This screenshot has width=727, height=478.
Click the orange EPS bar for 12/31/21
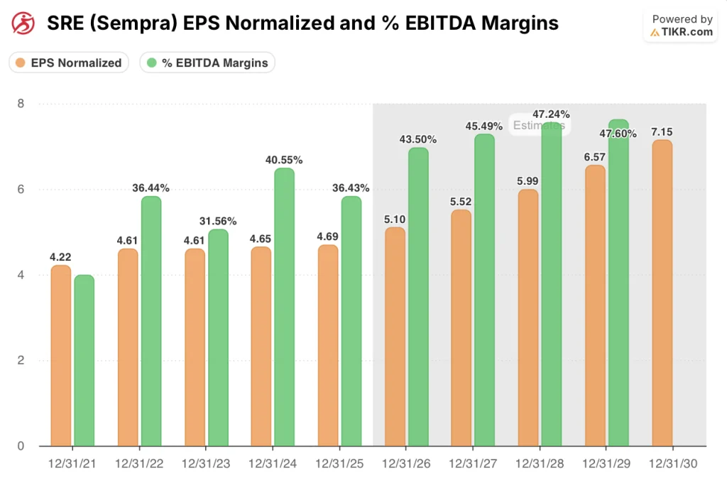click(60, 355)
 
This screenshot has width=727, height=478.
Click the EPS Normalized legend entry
click(69, 63)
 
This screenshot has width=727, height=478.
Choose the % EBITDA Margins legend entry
click(207, 63)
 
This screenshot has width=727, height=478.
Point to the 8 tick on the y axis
click(21, 104)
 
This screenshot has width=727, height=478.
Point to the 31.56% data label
click(218, 221)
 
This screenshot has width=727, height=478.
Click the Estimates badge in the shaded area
click(539, 126)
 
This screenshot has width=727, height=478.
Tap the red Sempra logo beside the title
click(24, 23)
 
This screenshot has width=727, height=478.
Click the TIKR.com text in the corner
click(687, 32)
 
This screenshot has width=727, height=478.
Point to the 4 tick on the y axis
click(21, 275)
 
